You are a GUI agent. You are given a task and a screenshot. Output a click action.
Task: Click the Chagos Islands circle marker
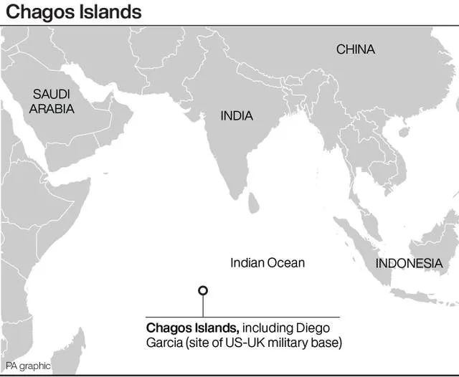[x=203, y=290]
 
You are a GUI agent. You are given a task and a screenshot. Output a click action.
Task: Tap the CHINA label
[x=355, y=49]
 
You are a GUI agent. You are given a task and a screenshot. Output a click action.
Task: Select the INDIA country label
[x=236, y=115]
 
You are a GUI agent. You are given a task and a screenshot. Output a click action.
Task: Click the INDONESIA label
[x=409, y=263]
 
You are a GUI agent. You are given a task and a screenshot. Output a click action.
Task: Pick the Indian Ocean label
[x=267, y=263]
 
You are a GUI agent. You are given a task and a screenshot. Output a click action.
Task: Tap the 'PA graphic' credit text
[x=27, y=366]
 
